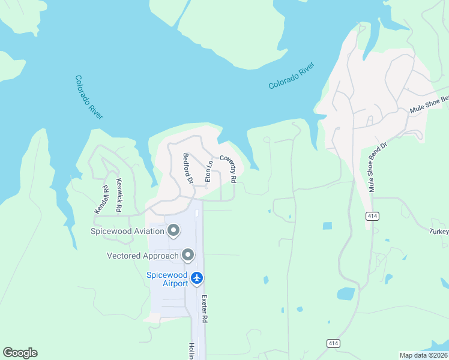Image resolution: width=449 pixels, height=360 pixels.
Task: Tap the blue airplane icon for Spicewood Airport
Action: pos(197,278)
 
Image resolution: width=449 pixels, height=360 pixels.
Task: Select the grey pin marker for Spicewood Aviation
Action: pos(174,230)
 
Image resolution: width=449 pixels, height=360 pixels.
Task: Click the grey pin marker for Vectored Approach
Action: pos(188,256)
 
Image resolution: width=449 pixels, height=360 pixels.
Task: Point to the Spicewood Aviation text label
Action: pos(127,231)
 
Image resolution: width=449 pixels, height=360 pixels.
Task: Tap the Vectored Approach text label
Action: pos(143,256)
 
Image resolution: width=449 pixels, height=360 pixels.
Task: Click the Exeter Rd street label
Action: pos(205,309)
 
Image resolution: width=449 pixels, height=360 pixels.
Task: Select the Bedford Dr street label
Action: pos(187,168)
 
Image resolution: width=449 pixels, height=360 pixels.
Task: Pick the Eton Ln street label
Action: pos(209,171)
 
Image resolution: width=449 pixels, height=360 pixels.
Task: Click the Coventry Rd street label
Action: pos(228,169)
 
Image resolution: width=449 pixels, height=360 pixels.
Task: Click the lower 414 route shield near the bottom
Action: pos(334,343)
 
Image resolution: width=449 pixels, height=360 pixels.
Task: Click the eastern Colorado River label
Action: pos(291,76)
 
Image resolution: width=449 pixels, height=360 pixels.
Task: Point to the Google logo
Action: pos(20,353)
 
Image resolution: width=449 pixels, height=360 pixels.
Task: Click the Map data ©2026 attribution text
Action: pos(423,355)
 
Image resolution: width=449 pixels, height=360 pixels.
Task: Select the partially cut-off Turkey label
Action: pos(439,232)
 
